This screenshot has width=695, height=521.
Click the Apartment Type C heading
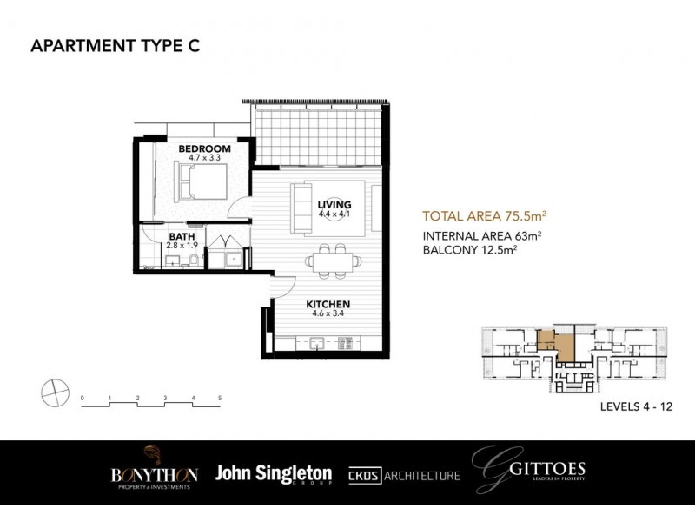pos(115,47)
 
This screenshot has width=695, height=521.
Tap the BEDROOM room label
pos(204,149)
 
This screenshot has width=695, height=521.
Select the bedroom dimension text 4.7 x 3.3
pos(204,159)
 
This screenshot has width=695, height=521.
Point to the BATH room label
pos(182,236)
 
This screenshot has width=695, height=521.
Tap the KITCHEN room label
pos(327,305)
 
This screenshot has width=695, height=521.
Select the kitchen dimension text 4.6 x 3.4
pos(327,315)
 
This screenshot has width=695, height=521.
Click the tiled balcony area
pos(317,135)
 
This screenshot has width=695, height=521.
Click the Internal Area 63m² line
pos(482,235)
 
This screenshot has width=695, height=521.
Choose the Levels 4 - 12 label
pos(636,406)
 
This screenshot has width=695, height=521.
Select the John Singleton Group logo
pos(273,474)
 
